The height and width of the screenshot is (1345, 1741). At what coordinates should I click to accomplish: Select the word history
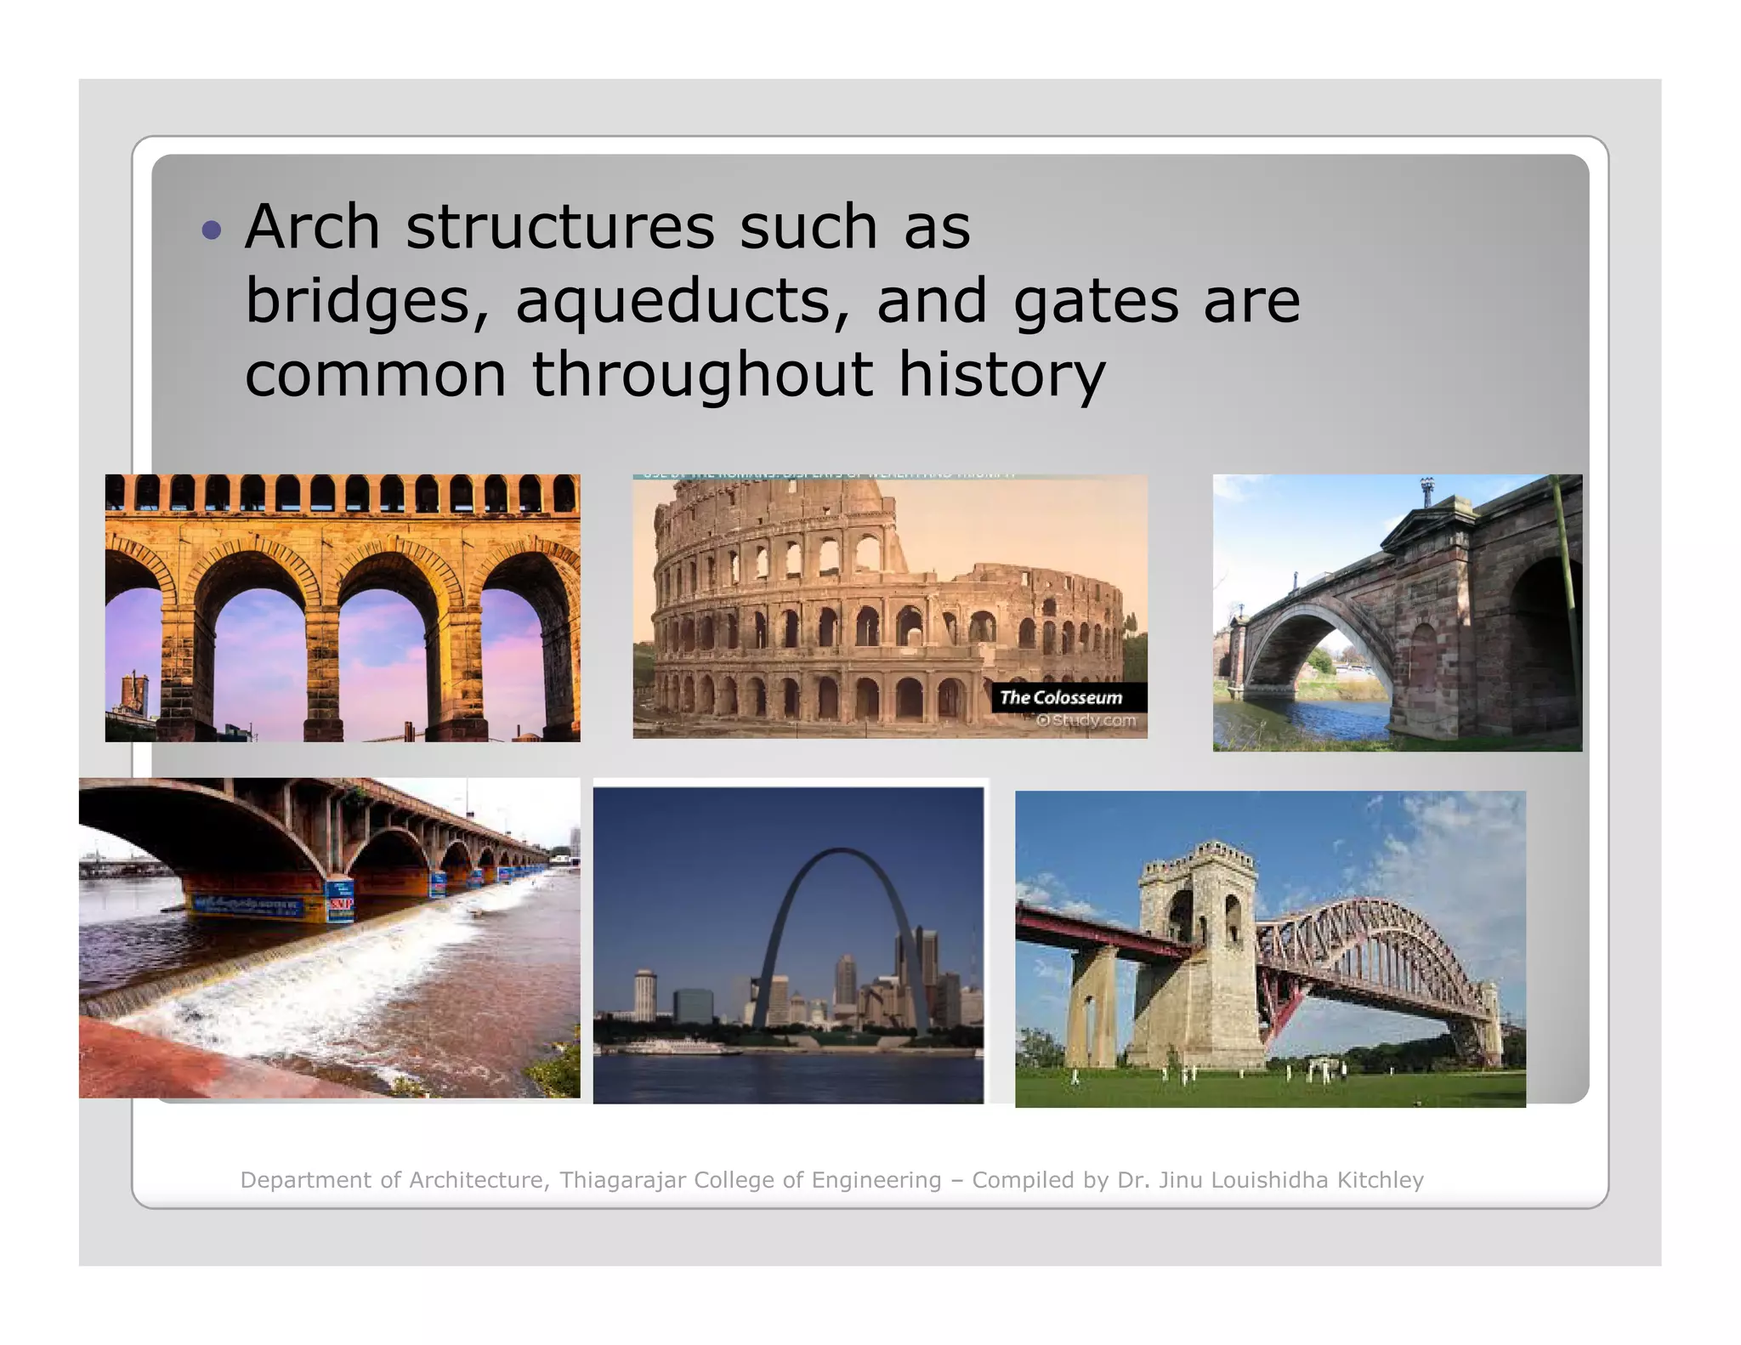tap(1002, 375)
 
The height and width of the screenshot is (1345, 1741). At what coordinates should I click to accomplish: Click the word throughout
tap(702, 375)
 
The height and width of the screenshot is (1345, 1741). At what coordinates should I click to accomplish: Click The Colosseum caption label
tap(1061, 697)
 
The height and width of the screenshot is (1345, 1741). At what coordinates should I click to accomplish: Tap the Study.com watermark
tap(1087, 721)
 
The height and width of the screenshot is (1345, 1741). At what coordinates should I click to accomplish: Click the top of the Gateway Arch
tap(840, 851)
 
